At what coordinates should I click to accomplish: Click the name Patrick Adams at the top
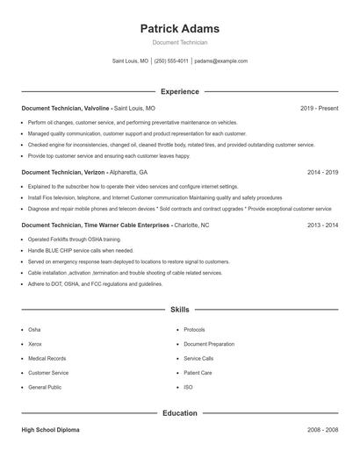[x=180, y=28]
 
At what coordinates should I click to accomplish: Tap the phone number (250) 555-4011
[x=171, y=61]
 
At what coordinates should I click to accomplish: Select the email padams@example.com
[x=221, y=61]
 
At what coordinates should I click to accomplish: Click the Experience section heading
[x=180, y=91]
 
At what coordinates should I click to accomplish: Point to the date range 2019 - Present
[x=319, y=108]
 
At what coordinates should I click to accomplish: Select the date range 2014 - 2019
[x=322, y=173]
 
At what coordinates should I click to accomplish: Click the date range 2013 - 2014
[x=322, y=225]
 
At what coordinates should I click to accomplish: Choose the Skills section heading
[x=180, y=310]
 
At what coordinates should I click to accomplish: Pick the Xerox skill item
[x=34, y=344]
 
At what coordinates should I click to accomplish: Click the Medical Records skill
[x=47, y=358]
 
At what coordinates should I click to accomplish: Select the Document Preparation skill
[x=209, y=344]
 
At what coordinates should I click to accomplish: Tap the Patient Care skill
[x=198, y=372]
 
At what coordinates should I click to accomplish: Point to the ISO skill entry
[x=188, y=387]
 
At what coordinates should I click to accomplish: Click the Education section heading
[x=180, y=412]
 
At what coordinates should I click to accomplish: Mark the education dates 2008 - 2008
[x=322, y=430]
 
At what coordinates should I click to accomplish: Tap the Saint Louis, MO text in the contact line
[x=131, y=61]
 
